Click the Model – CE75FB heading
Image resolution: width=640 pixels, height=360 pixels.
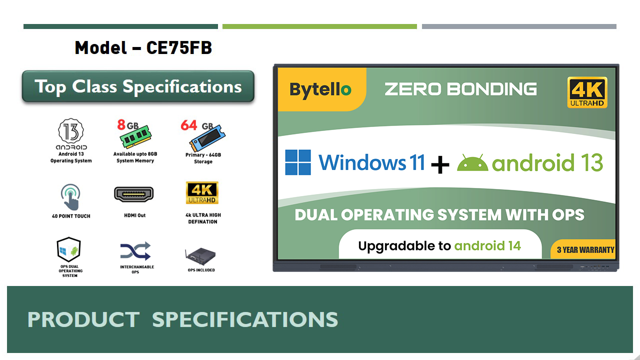click(x=143, y=48)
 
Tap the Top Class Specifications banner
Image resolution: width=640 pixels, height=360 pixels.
click(x=138, y=86)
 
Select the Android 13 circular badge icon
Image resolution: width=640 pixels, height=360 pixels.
click(x=71, y=131)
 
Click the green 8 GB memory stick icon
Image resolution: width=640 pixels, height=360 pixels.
click(x=135, y=135)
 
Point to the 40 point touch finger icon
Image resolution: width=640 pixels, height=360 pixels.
click(x=71, y=197)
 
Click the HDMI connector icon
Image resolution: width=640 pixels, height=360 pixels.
click(x=134, y=194)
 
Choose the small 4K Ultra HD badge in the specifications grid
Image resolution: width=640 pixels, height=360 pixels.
click(x=202, y=193)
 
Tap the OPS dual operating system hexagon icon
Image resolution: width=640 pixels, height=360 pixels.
click(x=69, y=249)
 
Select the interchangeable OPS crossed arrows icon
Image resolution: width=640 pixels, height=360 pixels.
click(x=135, y=250)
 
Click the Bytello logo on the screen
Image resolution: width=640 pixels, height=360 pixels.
click(x=320, y=89)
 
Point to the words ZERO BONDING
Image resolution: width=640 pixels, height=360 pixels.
click(x=460, y=89)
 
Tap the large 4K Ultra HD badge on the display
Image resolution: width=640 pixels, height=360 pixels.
click(x=587, y=92)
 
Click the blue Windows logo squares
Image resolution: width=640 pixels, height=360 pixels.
click(x=298, y=162)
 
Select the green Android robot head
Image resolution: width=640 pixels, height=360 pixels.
click(x=472, y=163)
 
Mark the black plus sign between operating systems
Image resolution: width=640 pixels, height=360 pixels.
click(x=439, y=164)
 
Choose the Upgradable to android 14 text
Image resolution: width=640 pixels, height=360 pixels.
click(x=439, y=245)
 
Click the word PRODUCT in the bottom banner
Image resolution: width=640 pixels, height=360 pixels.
click(x=83, y=319)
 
